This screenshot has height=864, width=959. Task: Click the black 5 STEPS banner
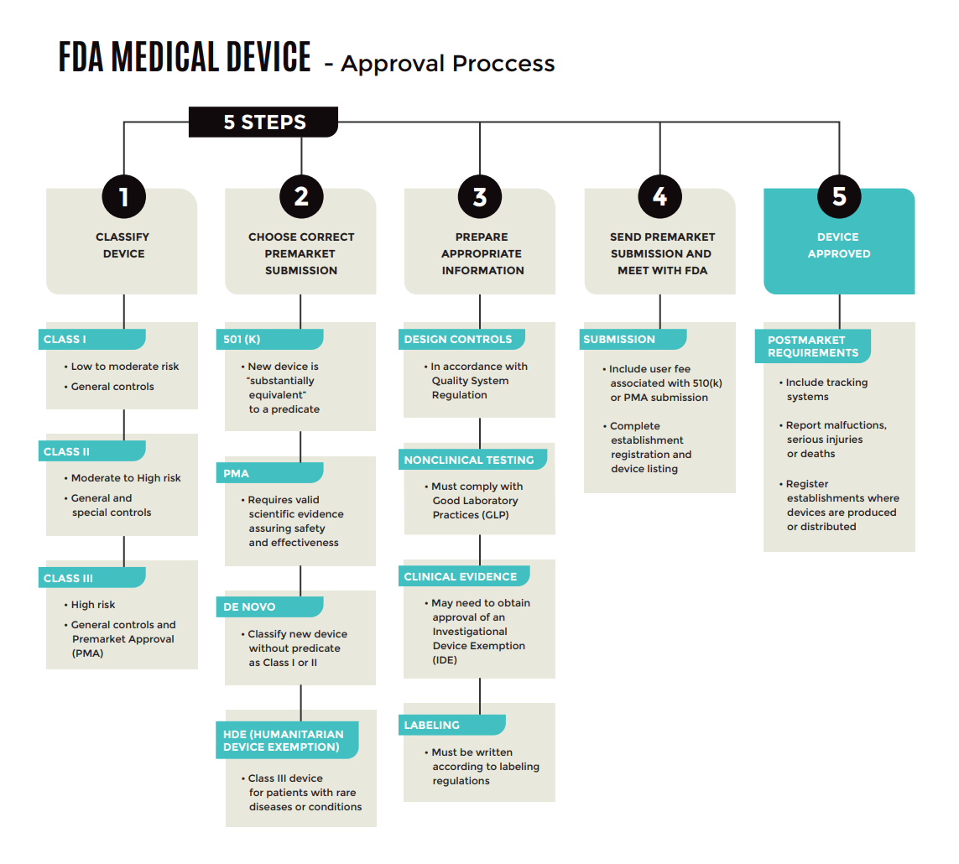[263, 122]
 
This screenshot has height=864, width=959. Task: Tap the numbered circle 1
[123, 196]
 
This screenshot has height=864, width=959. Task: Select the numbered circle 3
[480, 196]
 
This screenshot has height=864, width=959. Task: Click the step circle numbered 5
[839, 196]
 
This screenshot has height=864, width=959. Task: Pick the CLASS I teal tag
[92, 339]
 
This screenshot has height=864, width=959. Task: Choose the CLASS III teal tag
[92, 578]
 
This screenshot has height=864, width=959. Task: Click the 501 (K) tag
[269, 339]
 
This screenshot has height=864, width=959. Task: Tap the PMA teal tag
[269, 473]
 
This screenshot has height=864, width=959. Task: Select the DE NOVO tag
[269, 606]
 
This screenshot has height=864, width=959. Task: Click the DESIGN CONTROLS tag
[461, 339]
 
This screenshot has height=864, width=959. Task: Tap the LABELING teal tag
[451, 725]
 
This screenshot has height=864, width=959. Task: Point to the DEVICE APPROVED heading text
[838, 245]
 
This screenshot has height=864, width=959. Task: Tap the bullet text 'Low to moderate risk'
[124, 367]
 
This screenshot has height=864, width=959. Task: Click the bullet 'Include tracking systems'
[826, 389]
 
